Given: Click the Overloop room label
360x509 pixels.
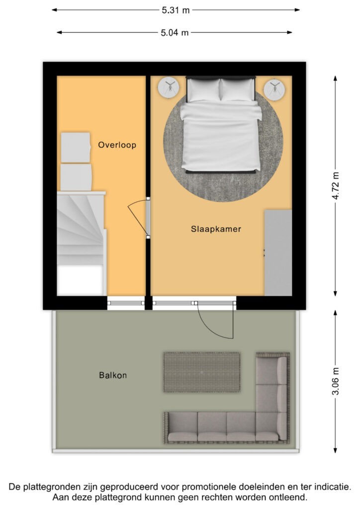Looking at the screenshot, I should (x=117, y=145).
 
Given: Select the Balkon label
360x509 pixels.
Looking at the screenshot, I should (x=112, y=375).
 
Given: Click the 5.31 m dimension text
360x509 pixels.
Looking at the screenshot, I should (x=176, y=10).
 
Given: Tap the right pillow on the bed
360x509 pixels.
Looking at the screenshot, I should (x=237, y=90).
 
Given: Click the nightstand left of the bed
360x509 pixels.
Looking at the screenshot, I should (x=169, y=88).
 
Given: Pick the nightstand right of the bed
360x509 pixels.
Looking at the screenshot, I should (x=274, y=89).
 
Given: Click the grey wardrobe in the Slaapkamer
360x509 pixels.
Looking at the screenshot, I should (x=278, y=253).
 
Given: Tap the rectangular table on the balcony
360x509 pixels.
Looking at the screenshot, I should (x=202, y=372).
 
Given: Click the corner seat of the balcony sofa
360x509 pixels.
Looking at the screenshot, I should (x=272, y=425).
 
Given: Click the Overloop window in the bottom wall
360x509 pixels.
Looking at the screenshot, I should (x=126, y=302).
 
